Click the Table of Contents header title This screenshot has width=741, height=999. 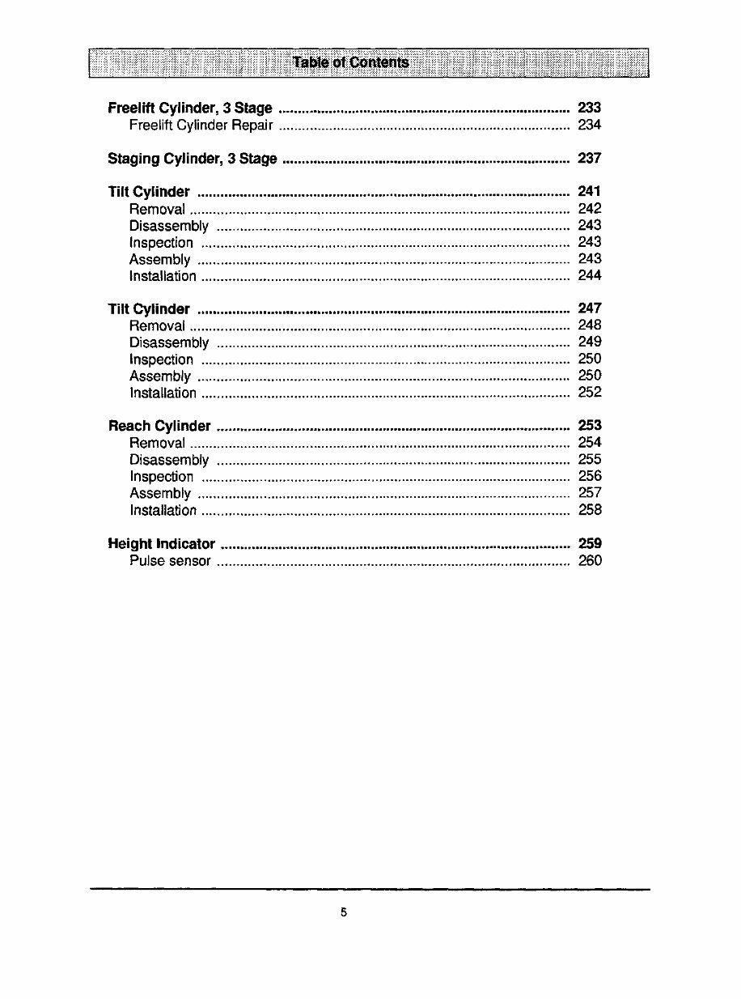coord(351,62)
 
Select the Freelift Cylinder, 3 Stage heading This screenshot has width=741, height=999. coord(189,108)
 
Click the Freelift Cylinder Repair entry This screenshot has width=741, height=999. coord(201,125)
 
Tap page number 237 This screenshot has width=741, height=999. coord(590,159)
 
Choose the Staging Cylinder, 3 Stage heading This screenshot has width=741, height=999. coord(192,159)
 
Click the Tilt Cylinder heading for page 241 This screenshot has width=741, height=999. coord(149,192)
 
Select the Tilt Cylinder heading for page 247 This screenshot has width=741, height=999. coord(149,309)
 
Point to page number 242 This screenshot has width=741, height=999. coord(590,209)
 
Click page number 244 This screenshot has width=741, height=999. coord(590,276)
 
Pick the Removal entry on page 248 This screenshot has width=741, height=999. coord(157,326)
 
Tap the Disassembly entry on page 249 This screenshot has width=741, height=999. coord(168,343)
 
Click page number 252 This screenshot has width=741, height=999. coord(590,393)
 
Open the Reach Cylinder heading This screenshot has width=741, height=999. coord(159,427)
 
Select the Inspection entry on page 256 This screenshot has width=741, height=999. coord(161,477)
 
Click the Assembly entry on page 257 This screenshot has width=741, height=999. coord(159,494)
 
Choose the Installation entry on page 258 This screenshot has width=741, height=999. coord(163,511)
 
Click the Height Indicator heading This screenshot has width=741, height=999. coord(162,544)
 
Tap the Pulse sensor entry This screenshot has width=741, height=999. coord(170,561)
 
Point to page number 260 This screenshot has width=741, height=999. coord(590,561)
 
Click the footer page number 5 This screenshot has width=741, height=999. coord(343,912)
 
